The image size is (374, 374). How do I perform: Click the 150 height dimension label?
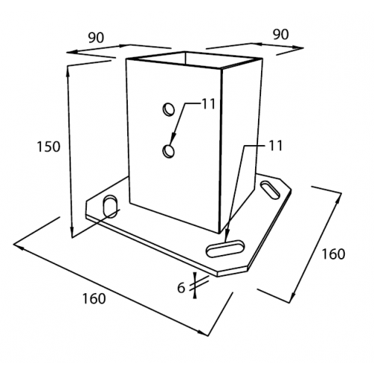pos(49,147)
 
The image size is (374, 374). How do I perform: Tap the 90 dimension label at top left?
pos(96,37)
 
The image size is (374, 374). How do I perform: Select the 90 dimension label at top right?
pos(280,34)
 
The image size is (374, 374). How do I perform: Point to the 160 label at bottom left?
pos(94,298)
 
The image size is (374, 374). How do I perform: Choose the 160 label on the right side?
pos(334,254)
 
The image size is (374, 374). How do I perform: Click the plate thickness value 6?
pos(181,288)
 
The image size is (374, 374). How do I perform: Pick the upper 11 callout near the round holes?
pos(208,104)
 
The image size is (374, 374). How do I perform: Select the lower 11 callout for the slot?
pos(275,146)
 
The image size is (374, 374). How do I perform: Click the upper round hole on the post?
pos(168,109)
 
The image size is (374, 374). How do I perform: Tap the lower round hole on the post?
pos(168,151)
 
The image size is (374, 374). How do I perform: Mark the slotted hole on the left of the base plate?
pos(110,206)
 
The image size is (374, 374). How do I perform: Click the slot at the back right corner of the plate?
pos(269,190)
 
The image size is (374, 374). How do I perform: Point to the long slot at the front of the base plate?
pos(225,248)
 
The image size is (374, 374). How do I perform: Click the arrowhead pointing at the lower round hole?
pos(173,139)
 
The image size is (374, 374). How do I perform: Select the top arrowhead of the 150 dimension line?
pos(67,71)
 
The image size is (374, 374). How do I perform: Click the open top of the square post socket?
pos(194,60)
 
